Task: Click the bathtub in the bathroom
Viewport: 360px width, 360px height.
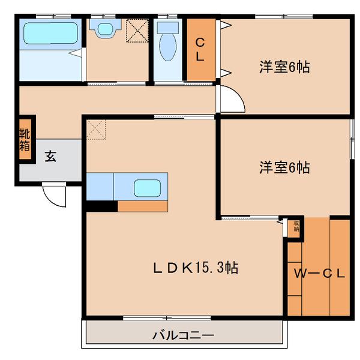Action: coord(51,33)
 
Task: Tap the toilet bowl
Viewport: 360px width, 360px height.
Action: coord(167,47)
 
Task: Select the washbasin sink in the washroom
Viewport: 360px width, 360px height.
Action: coord(105,28)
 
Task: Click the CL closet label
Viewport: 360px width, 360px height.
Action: coord(200,50)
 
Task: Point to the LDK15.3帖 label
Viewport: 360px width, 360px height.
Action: coord(196,268)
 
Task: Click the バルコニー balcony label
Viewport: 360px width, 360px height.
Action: coord(183,335)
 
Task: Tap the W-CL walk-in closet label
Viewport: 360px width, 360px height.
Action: coord(319,274)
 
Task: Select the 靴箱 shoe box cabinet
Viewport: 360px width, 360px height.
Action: coord(25,139)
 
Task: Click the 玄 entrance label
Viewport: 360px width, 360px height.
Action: coord(50,157)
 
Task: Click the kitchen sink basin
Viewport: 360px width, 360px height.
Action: coord(147,188)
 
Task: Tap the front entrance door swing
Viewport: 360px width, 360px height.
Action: coord(55,196)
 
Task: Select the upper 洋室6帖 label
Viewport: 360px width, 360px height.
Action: coord(284,67)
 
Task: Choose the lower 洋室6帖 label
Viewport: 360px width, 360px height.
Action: coord(284,167)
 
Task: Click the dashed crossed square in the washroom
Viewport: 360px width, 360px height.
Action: coord(137,31)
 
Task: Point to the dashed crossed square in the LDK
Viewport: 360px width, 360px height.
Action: coord(96,130)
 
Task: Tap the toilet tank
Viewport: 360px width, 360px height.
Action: coord(167,28)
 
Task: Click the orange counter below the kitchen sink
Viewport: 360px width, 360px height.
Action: coord(143,206)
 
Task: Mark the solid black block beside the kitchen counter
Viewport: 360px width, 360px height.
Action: coord(102,206)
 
